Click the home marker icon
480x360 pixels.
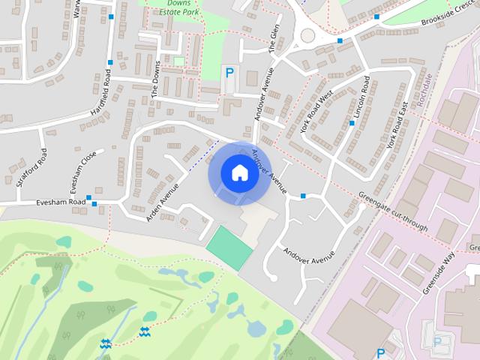click(238, 173)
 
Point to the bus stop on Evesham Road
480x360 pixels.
click(90, 199)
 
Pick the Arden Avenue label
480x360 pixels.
click(163, 201)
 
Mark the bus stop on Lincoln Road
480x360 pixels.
click(351, 122)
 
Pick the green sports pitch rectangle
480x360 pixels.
click(229, 247)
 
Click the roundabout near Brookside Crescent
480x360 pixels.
click(307, 34)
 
